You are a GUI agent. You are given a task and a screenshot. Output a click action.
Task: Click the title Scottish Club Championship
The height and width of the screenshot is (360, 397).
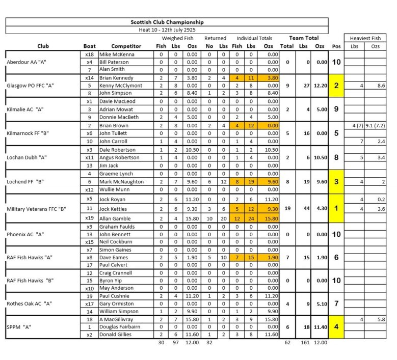[167, 22]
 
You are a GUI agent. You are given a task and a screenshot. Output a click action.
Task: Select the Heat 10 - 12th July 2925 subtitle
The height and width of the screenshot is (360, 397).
[167, 30]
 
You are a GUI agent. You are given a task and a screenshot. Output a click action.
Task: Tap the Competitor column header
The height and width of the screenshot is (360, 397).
[126, 46]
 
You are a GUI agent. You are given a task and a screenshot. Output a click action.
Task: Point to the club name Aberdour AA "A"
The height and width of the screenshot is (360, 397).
[25, 62]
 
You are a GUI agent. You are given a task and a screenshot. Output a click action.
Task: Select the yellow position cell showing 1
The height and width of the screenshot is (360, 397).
[336, 209]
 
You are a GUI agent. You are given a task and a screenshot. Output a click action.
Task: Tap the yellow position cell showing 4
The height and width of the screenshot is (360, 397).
[336, 327]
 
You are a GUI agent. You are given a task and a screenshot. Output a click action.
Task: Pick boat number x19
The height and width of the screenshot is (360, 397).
[89, 218]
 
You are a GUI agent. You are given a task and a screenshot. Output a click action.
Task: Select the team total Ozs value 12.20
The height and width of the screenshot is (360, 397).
[319, 86]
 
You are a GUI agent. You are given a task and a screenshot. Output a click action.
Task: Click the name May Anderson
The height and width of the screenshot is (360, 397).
[117, 288]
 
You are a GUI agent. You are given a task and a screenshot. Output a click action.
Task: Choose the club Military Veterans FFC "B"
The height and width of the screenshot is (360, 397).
[37, 209]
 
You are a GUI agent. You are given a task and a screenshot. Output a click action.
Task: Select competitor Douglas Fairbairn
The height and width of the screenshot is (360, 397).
[120, 327]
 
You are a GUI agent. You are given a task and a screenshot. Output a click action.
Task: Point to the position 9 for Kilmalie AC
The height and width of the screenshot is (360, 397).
[336, 109]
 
